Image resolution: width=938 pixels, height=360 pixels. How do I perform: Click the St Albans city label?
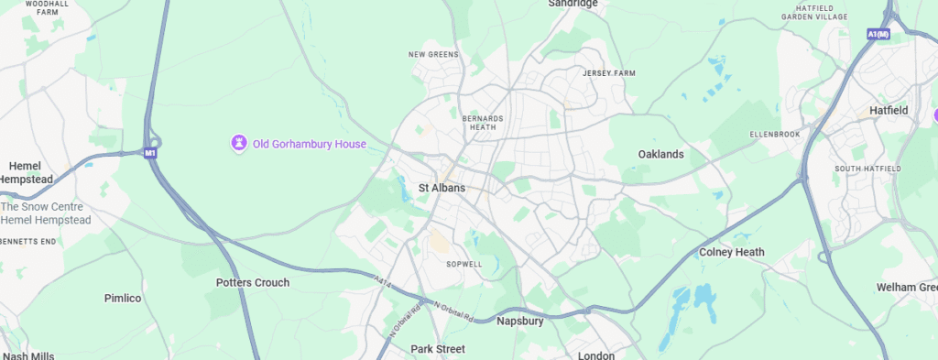click(x=442, y=188)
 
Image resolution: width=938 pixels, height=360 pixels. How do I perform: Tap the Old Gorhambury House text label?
click(x=310, y=144)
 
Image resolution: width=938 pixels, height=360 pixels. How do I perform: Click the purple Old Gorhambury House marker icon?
click(x=238, y=143)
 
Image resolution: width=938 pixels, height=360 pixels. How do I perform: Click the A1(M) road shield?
click(x=877, y=34)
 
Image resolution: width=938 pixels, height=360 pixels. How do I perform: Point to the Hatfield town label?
click(x=888, y=110)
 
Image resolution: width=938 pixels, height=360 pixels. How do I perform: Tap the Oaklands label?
click(x=660, y=154)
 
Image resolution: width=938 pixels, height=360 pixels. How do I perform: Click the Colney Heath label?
click(x=731, y=252)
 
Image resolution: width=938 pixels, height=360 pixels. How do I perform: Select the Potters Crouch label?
click(x=252, y=282)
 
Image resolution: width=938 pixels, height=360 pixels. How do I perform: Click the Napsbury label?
click(x=520, y=322)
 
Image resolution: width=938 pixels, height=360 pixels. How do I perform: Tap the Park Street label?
click(x=438, y=349)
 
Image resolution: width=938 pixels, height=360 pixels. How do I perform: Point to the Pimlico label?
click(x=123, y=299)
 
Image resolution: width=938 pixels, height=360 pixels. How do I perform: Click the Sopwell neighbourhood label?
click(x=464, y=263)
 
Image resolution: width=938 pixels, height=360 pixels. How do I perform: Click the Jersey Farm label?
click(x=608, y=72)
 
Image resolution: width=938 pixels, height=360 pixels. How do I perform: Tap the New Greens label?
click(x=432, y=55)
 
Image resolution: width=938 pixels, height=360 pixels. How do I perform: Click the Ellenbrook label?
click(x=775, y=135)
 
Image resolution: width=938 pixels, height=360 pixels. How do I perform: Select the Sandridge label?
click(x=573, y=4)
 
